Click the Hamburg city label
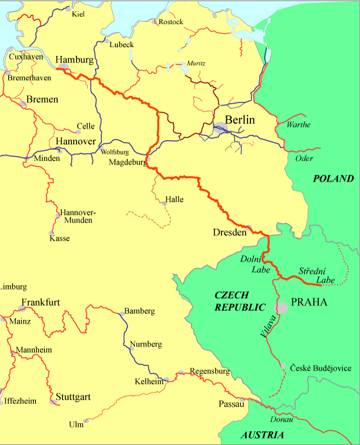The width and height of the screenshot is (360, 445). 74,60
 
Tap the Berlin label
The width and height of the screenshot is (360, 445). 240,119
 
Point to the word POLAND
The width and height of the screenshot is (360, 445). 333,179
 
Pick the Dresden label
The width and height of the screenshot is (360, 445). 229,233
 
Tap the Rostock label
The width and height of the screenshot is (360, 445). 171,22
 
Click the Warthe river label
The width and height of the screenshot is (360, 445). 298,125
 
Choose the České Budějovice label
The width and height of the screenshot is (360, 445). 321,368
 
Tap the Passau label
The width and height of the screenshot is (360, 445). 230,404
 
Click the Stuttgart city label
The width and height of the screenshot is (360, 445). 73,397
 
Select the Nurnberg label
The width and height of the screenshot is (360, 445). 146,344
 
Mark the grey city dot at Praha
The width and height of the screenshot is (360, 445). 283,307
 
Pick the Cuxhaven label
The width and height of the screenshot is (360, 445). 25,56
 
